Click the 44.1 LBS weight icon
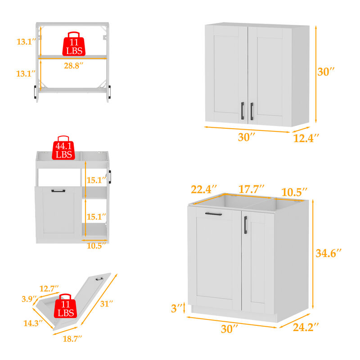(x=63, y=148)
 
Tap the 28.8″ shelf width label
(x=73, y=66)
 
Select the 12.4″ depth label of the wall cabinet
(x=306, y=138)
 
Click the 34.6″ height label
(x=328, y=253)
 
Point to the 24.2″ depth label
(x=306, y=327)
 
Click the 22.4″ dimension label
(x=204, y=189)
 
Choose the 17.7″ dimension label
(x=252, y=189)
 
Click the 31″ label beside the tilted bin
(x=107, y=303)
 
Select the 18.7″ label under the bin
(x=72, y=339)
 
